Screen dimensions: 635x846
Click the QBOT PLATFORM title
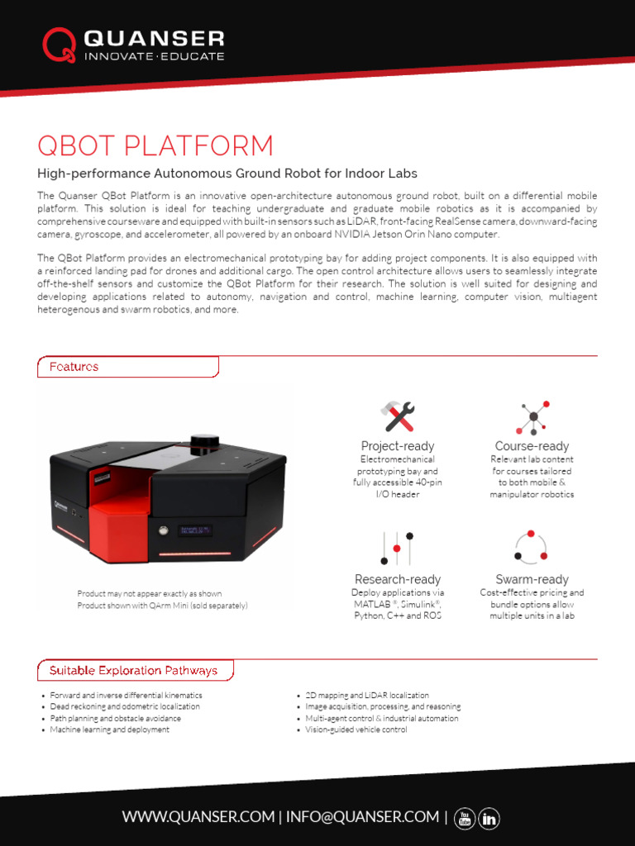click(155, 146)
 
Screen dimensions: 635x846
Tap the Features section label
click(74, 367)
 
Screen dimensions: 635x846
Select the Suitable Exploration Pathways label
click(133, 670)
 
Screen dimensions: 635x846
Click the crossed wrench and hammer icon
click(397, 417)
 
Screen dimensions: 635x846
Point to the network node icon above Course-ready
click(532, 417)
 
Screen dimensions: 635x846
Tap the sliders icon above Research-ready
click(397, 548)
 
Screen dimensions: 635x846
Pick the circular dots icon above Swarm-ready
click(531, 547)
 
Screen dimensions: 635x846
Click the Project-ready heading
click(397, 446)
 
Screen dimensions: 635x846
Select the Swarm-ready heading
click(532, 579)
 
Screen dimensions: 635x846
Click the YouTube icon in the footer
click(466, 818)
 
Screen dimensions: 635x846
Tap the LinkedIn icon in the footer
click(489, 818)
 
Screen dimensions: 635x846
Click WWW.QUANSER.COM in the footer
click(198, 817)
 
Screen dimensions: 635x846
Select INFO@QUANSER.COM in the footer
click(364, 817)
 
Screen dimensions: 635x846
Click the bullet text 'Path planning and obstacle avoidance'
click(115, 719)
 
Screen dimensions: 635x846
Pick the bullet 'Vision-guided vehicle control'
click(356, 730)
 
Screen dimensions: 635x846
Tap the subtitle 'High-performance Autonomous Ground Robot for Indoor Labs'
click(227, 173)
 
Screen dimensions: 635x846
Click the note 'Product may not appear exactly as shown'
click(149, 594)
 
